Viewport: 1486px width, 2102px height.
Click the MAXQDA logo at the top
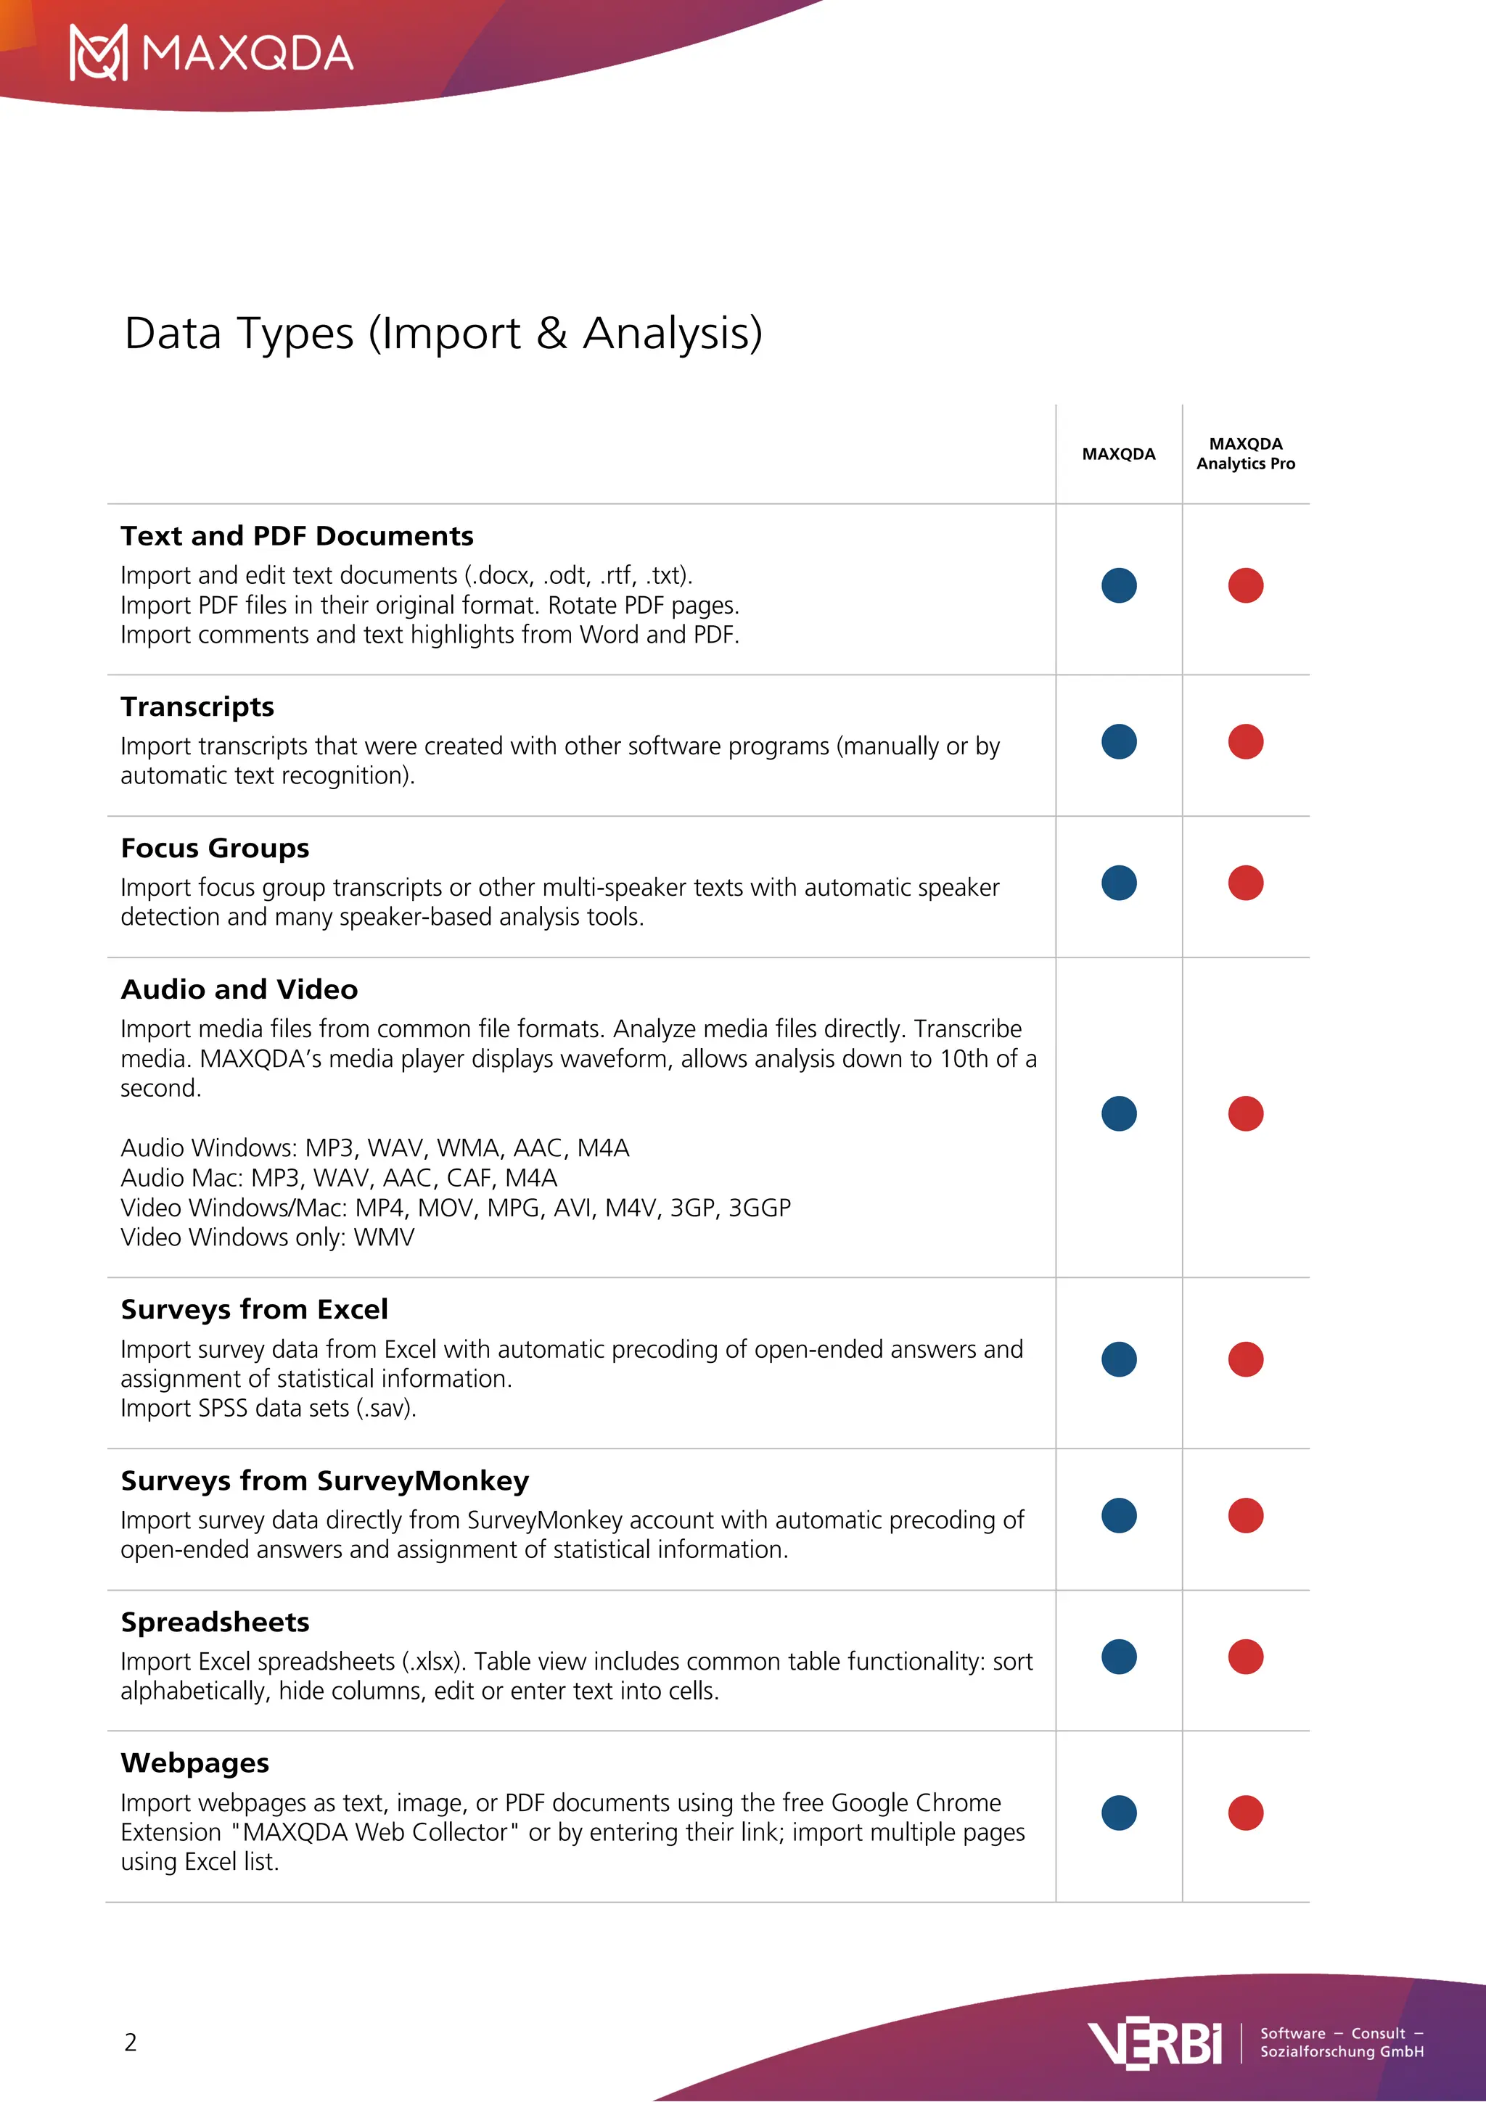click(x=211, y=53)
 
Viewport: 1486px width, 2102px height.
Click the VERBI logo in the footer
click(x=1154, y=2044)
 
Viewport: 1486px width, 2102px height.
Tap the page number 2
click(x=131, y=2043)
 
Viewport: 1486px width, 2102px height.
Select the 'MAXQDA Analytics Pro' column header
click(x=1245, y=453)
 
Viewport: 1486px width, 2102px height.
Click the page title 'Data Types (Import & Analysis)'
click(x=443, y=333)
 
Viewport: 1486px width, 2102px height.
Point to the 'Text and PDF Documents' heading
click(x=297, y=535)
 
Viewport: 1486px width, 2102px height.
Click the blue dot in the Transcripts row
click(x=1119, y=741)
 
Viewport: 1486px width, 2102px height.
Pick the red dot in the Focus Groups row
click(x=1245, y=883)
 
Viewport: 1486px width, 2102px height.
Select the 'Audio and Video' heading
click(x=239, y=989)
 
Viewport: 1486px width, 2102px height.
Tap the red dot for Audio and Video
click(x=1245, y=1113)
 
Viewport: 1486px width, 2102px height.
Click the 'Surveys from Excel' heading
click(x=254, y=1309)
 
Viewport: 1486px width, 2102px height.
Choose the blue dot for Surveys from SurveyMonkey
click(x=1119, y=1515)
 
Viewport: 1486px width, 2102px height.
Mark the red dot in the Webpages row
click(x=1245, y=1813)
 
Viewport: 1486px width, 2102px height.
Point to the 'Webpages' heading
click(x=194, y=1763)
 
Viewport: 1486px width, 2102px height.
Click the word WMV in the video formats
click(x=384, y=1237)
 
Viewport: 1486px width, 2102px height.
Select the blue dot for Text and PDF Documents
click(x=1119, y=585)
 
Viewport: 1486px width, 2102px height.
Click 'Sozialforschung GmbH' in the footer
click(x=1342, y=2052)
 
